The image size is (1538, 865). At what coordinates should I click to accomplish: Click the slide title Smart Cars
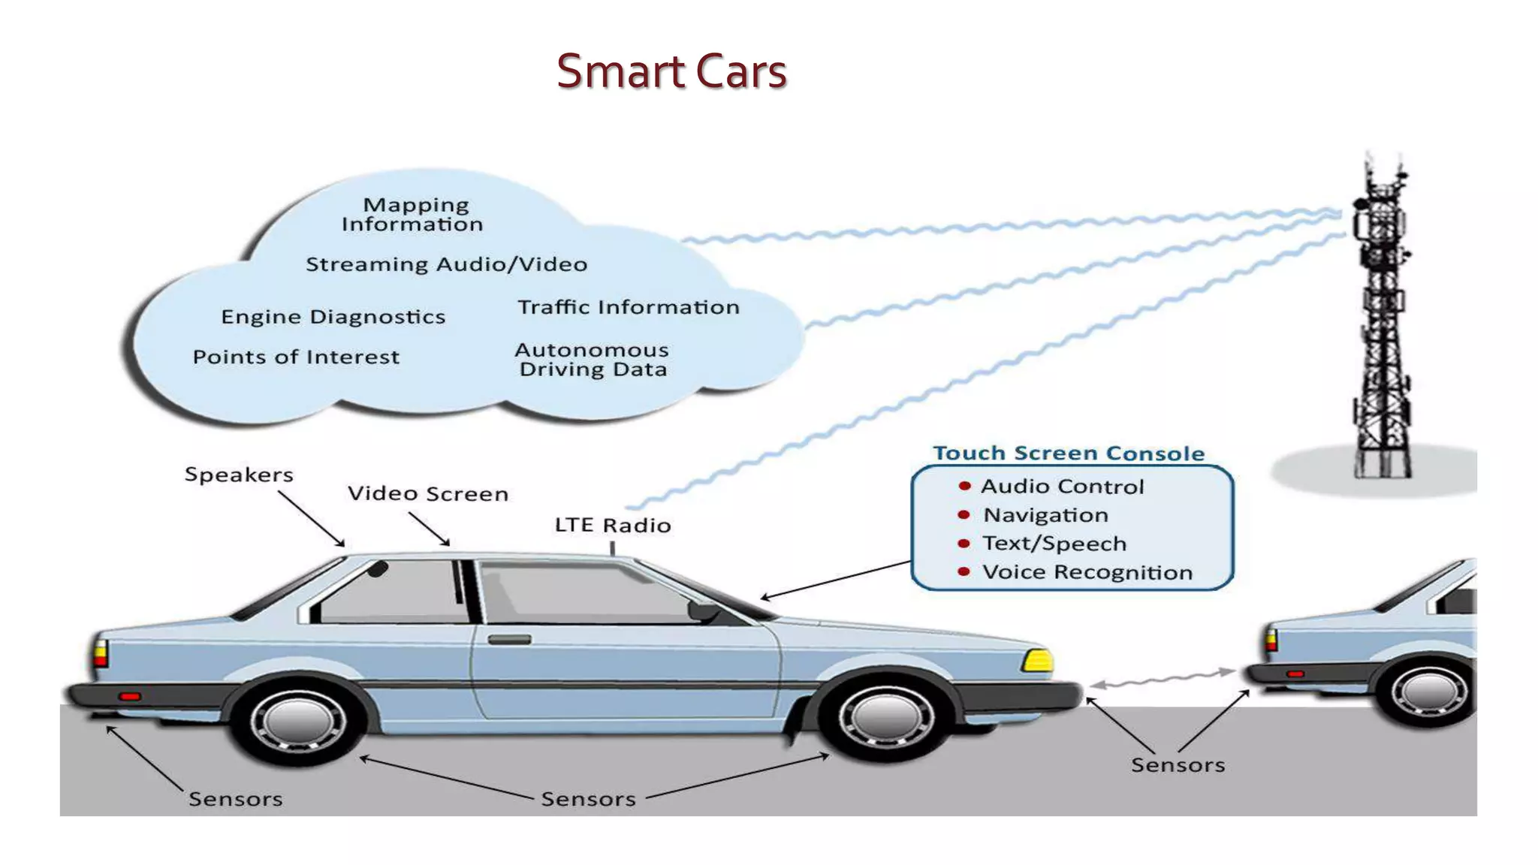click(x=671, y=71)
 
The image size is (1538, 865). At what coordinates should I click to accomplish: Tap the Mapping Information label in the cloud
click(x=412, y=215)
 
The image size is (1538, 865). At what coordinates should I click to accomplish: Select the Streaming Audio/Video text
click(x=446, y=264)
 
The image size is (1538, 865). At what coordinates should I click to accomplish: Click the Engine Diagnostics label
click(x=333, y=317)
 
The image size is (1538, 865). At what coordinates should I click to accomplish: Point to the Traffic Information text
click(x=628, y=307)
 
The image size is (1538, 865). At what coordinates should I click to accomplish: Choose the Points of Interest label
click(x=296, y=357)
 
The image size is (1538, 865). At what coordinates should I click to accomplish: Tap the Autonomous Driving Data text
click(x=592, y=360)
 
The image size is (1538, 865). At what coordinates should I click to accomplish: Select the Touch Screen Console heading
click(x=1068, y=454)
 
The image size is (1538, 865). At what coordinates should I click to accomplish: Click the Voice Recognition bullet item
click(x=1087, y=572)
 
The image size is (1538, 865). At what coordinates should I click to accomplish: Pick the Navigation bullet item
click(x=1045, y=515)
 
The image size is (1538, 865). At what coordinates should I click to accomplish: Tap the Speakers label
click(x=239, y=475)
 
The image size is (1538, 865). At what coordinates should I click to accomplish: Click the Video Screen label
click(x=427, y=494)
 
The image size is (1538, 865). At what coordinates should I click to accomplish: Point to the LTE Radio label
click(x=612, y=525)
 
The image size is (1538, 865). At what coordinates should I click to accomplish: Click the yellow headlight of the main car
click(x=1038, y=661)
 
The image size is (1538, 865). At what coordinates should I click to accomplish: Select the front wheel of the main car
click(x=886, y=716)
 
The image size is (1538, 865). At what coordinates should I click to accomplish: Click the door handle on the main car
click(x=509, y=640)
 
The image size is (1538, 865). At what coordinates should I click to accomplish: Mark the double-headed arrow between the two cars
click(x=1163, y=678)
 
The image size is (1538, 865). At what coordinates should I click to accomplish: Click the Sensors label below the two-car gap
click(x=1178, y=765)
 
